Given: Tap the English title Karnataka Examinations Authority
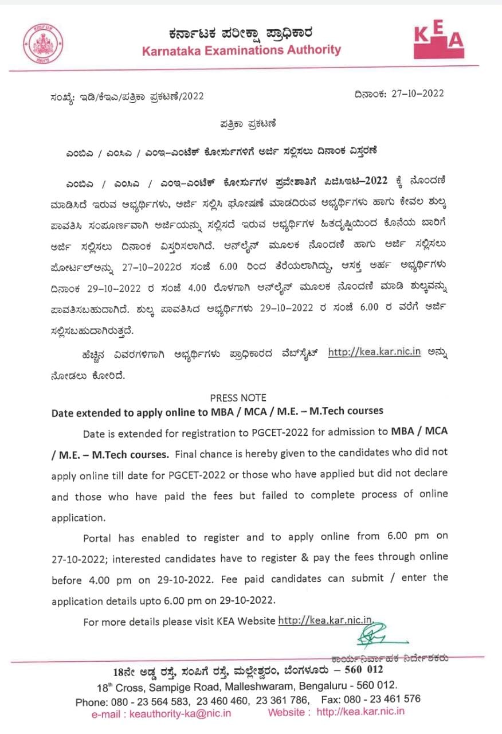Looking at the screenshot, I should [x=241, y=49].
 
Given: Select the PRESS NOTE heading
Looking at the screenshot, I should [x=238, y=397].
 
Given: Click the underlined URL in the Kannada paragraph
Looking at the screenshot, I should [x=374, y=352].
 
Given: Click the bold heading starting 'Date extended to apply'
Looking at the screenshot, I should [x=217, y=411].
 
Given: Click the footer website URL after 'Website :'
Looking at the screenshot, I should [x=360, y=712].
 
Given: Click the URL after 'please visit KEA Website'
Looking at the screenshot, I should [x=325, y=620].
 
